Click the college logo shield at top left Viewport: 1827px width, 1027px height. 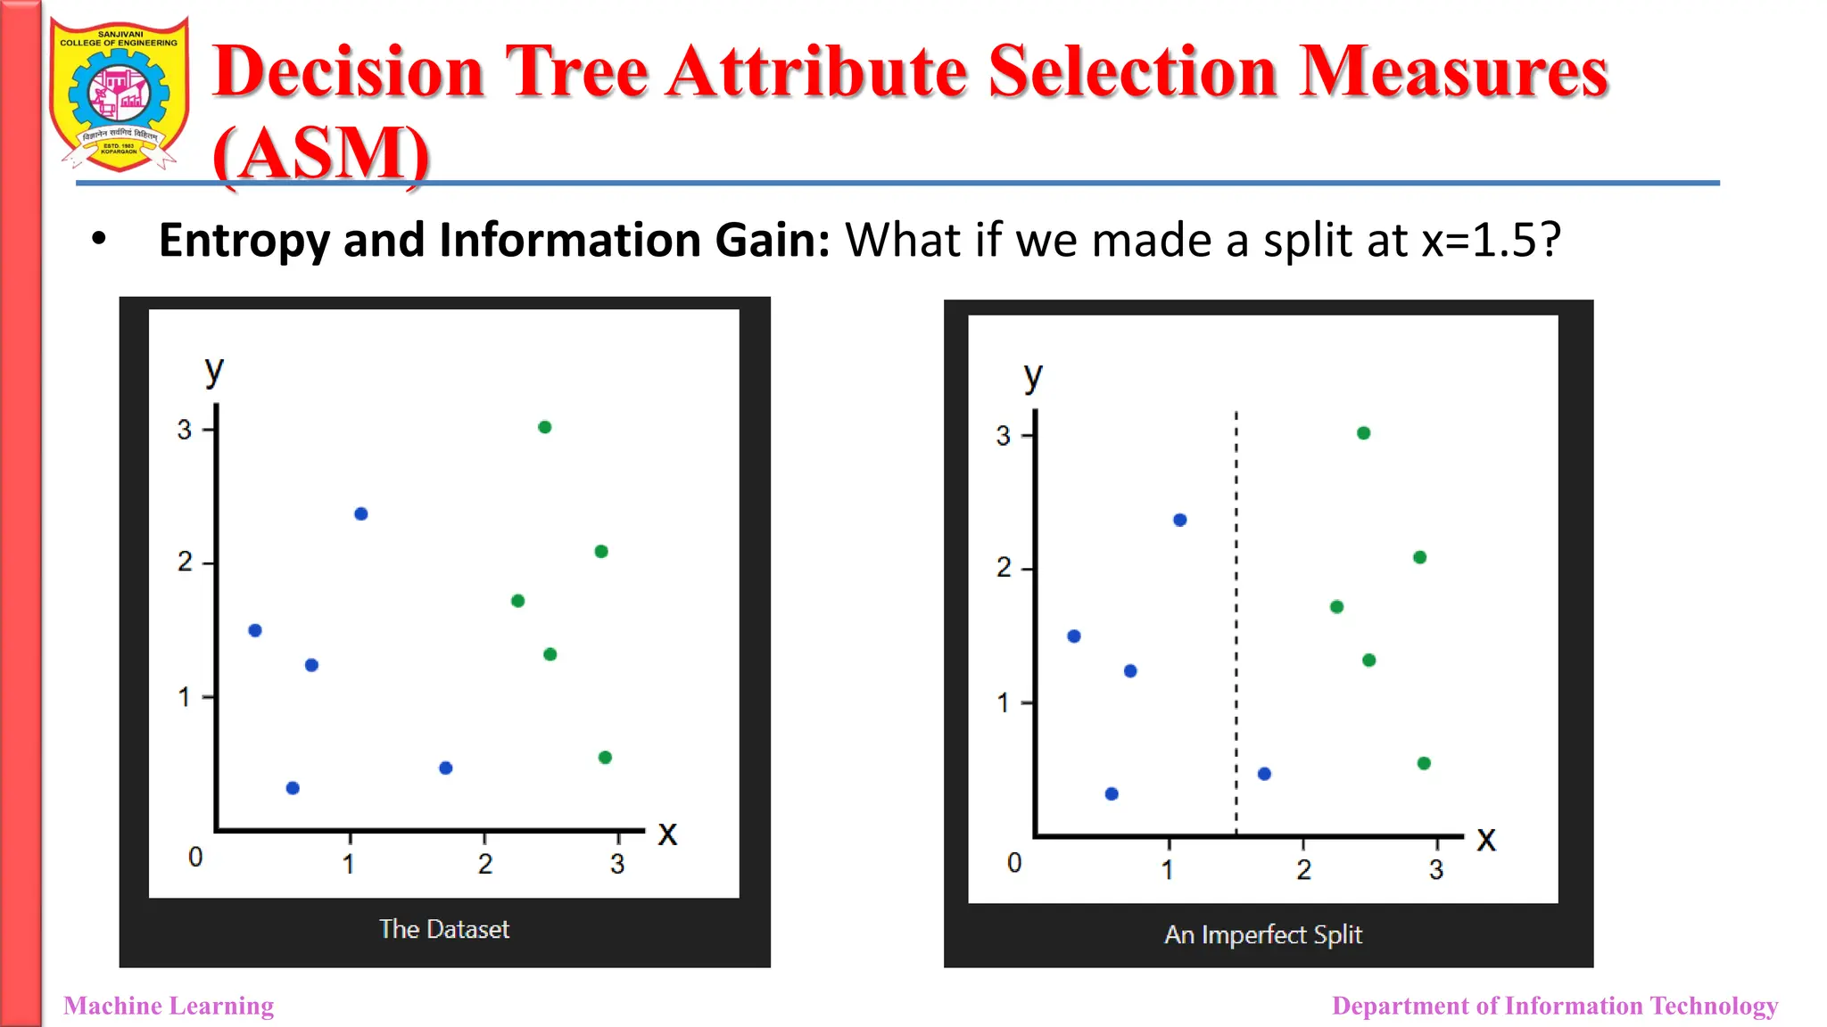(119, 94)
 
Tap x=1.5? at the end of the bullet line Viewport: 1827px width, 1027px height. (1491, 241)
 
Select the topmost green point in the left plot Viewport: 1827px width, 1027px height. (545, 427)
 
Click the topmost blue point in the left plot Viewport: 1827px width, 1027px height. (361, 513)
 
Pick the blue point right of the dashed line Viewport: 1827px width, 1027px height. (1264, 774)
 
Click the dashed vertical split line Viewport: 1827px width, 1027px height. (1236, 624)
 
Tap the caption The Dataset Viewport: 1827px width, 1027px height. (444, 929)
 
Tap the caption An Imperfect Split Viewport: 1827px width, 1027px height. (1263, 934)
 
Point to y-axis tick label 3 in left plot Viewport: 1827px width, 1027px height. (185, 430)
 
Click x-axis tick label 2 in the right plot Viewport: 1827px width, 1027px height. (1304, 869)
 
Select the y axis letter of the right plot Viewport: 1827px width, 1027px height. (1033, 377)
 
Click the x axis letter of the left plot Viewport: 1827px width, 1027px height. (667, 834)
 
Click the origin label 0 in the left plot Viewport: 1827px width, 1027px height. (195, 858)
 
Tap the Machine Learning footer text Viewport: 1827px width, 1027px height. (169, 1006)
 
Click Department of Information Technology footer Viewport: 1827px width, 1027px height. (1554, 1006)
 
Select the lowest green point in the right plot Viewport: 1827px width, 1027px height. (1424, 763)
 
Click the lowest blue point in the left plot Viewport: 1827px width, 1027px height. (293, 788)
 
